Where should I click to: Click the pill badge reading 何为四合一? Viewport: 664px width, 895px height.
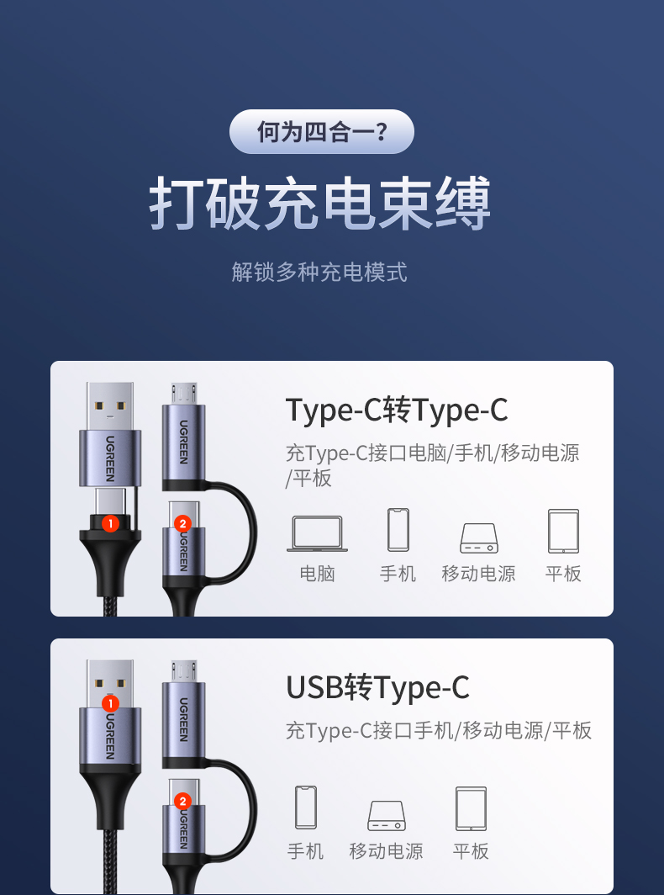pyautogui.click(x=322, y=132)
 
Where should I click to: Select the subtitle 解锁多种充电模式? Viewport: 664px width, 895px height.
pyautogui.click(x=319, y=272)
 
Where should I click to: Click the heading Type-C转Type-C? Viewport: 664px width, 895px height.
pyautogui.click(x=397, y=410)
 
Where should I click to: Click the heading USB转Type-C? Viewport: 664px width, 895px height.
pyautogui.click(x=377, y=687)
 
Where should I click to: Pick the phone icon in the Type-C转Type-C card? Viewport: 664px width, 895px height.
pyautogui.click(x=398, y=530)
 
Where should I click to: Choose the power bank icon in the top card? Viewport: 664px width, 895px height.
pyautogui.click(x=478, y=537)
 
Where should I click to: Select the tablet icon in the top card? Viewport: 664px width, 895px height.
pyautogui.click(x=563, y=531)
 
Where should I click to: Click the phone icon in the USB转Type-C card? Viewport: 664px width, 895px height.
pyautogui.click(x=305, y=808)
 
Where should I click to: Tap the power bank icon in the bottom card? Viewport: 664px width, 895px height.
pyautogui.click(x=386, y=814)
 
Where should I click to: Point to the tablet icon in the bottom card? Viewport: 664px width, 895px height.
pyautogui.click(x=471, y=808)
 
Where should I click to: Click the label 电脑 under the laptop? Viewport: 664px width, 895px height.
pyautogui.click(x=317, y=574)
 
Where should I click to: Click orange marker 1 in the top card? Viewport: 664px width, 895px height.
pyautogui.click(x=110, y=523)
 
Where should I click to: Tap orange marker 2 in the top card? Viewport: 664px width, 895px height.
pyautogui.click(x=183, y=523)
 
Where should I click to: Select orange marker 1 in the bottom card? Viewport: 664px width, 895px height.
pyautogui.click(x=110, y=702)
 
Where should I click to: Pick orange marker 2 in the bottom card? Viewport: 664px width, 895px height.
pyautogui.click(x=183, y=801)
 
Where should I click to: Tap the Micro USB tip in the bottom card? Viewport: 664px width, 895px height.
pyautogui.click(x=183, y=670)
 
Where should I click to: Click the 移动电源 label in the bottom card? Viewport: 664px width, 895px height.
pyautogui.click(x=386, y=851)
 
